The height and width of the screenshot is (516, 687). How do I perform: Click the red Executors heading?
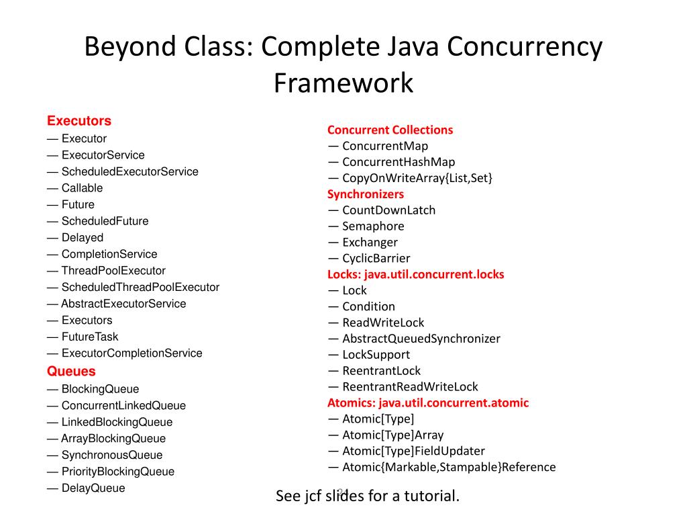coord(79,121)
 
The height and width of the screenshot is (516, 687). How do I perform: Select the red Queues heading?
coord(71,371)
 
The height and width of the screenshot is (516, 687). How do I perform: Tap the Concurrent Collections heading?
coord(390,130)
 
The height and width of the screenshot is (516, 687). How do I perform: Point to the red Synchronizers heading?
coord(366,194)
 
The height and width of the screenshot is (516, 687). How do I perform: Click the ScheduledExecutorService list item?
coord(129,171)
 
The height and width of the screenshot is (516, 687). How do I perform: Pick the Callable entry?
coord(82,188)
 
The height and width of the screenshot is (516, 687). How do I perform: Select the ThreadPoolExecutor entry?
coord(113,271)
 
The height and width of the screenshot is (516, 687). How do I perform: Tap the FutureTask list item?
coord(90,337)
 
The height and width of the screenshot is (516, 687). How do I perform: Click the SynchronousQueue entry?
coord(112,455)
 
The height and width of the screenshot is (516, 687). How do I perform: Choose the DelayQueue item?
coord(93,488)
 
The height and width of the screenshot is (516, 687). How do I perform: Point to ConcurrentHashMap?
coord(399,162)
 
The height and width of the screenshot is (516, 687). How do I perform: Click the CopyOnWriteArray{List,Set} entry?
coord(417,178)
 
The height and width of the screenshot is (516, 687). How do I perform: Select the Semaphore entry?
coord(373,226)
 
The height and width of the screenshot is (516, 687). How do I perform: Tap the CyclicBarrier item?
coord(376,258)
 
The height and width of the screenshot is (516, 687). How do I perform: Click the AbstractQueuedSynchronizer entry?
coord(421,339)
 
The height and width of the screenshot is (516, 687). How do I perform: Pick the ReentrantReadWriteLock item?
coord(410,386)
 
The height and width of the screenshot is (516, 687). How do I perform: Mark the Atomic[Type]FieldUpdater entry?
coord(413,451)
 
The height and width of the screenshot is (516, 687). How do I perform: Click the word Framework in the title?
coord(343,83)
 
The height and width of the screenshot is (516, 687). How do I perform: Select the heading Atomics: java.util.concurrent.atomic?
coord(428,402)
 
